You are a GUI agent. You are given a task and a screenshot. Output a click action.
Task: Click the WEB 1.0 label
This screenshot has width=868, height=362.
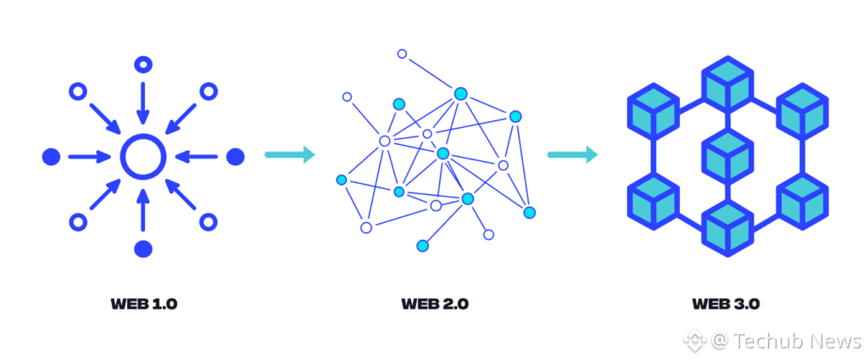point(143,304)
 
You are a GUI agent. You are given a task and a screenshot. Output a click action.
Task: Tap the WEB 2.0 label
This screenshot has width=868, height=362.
point(435,304)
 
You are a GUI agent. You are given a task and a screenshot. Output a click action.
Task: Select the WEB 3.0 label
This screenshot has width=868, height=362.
point(726,304)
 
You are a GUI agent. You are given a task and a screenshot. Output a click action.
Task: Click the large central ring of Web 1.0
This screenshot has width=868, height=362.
point(143,156)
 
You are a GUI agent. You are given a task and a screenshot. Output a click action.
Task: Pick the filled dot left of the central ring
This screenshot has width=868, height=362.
point(52,156)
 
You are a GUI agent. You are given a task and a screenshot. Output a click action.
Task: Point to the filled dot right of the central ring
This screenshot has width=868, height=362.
point(236,156)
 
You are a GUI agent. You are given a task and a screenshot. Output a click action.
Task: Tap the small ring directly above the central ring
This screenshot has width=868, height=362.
point(143,64)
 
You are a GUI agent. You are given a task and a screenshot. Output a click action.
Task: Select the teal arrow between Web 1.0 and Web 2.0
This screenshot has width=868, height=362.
point(290,154)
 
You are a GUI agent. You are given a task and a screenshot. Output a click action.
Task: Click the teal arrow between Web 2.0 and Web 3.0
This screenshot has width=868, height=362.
point(573,154)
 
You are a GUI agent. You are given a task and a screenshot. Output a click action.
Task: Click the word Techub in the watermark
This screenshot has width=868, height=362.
point(763,341)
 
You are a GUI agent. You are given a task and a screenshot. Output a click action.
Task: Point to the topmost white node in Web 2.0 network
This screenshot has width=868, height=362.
point(403,54)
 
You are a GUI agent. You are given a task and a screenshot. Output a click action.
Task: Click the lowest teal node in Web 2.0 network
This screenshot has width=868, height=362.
point(422,246)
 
